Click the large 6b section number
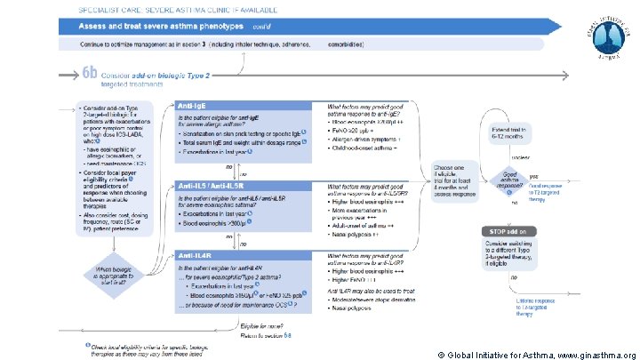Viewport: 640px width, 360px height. pos(90,75)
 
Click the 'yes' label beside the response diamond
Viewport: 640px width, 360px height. pos(534,175)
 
